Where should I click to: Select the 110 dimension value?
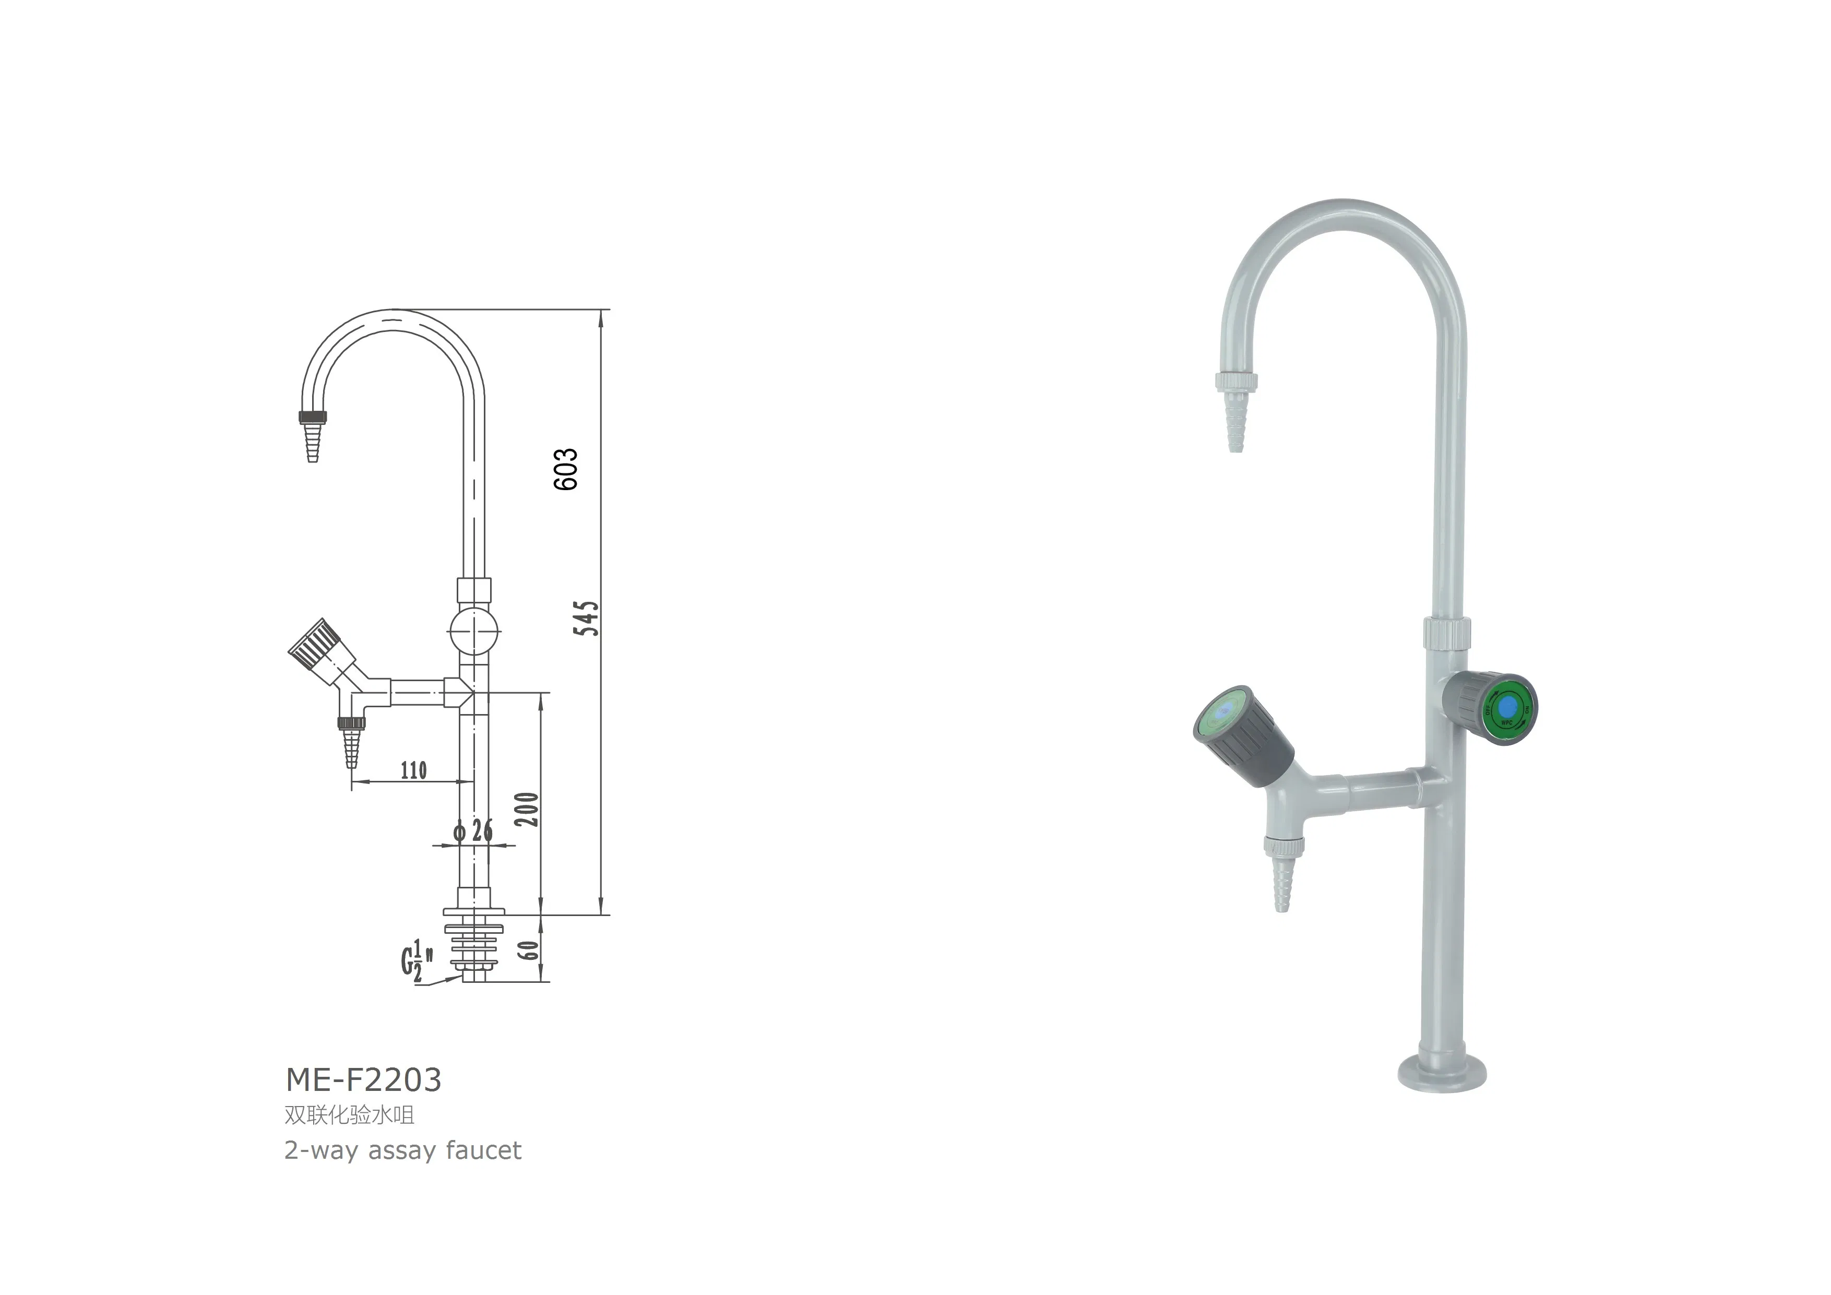click(x=413, y=770)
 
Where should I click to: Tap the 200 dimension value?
click(x=527, y=810)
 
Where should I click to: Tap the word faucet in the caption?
click(x=484, y=1150)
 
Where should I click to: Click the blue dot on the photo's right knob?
click(x=1507, y=707)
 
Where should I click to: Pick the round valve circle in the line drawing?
click(x=474, y=632)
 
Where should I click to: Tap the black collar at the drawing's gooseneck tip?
click(x=313, y=416)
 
